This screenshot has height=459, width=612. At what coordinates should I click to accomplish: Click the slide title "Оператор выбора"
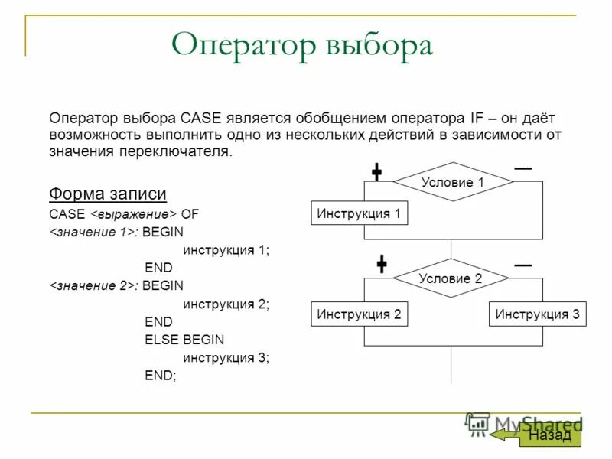[x=302, y=46]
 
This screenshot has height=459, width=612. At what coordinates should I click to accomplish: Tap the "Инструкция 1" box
[x=359, y=213]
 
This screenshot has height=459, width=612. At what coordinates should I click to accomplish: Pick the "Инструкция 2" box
[x=359, y=314]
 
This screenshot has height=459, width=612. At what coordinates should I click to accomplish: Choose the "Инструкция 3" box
[x=537, y=314]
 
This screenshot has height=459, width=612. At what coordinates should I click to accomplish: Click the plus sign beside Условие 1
[x=377, y=172]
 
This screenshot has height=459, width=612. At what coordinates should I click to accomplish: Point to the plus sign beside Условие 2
[x=381, y=265]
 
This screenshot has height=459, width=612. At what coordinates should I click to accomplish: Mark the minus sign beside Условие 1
[x=523, y=168]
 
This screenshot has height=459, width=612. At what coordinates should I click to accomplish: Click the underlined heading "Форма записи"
[x=108, y=193]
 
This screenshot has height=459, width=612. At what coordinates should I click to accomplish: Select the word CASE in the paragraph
[x=200, y=119]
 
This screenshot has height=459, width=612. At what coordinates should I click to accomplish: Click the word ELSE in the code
[x=160, y=340]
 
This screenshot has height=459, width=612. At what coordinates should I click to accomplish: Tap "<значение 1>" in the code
[x=93, y=232]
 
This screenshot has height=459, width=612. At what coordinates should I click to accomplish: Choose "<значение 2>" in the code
[x=93, y=286]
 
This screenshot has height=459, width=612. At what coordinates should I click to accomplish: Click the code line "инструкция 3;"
[x=226, y=357]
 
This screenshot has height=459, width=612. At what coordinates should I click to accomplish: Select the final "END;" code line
[x=160, y=376]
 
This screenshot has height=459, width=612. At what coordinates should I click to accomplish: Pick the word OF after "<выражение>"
[x=190, y=213]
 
